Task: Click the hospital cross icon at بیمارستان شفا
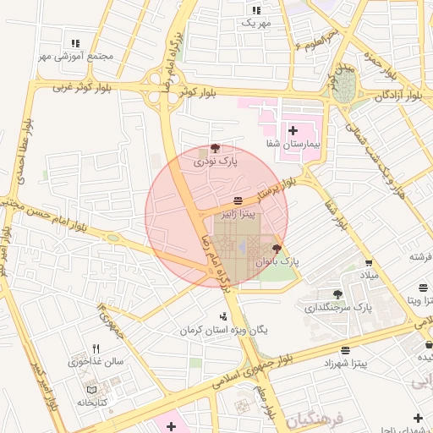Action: pyautogui.click(x=293, y=130)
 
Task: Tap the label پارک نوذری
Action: pyautogui.click(x=216, y=160)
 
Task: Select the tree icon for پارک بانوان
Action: pyautogui.click(x=277, y=247)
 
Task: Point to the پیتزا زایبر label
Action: pyautogui.click(x=237, y=215)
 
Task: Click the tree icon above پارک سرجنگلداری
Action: pyautogui.click(x=338, y=293)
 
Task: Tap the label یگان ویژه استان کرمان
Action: pyautogui.click(x=223, y=329)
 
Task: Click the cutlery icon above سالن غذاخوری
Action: pyautogui.click(x=96, y=348)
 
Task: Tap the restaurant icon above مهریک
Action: pyautogui.click(x=256, y=10)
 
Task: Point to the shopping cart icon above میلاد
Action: pyautogui.click(x=369, y=262)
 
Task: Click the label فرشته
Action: pyautogui.click(x=420, y=256)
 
